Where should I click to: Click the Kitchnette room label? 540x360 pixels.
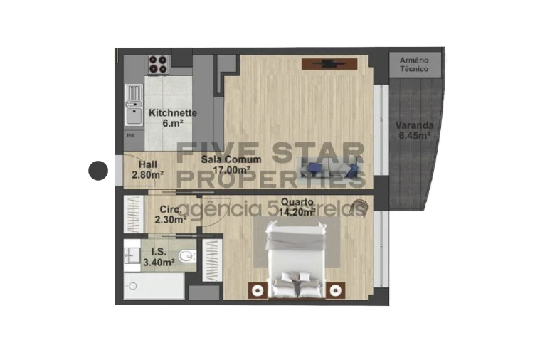(172, 118)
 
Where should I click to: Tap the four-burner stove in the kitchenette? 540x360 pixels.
(159, 65)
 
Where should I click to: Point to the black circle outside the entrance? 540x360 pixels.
(97, 171)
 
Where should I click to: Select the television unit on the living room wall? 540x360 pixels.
(329, 64)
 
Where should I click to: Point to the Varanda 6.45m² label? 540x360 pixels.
(415, 131)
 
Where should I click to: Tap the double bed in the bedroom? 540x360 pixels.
(300, 259)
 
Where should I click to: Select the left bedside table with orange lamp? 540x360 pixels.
(256, 290)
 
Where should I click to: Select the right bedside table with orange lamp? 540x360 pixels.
(336, 290)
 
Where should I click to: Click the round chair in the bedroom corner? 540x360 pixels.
(361, 208)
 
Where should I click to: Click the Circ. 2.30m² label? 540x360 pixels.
(171, 214)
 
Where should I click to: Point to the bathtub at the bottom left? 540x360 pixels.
(153, 287)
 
